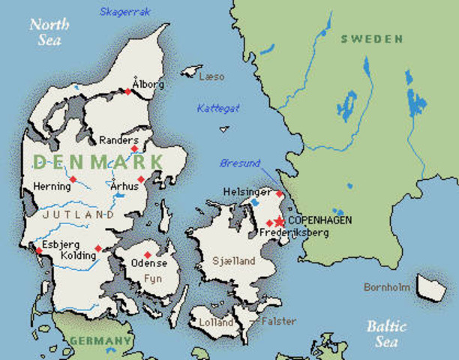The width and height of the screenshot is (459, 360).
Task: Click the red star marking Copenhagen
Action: pos(279,220)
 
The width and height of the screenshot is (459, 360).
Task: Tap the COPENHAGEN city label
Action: pos(319,220)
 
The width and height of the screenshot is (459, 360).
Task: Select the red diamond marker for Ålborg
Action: pos(127,91)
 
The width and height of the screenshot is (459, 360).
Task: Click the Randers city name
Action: pos(118,140)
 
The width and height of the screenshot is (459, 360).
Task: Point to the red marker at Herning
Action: pos(73,179)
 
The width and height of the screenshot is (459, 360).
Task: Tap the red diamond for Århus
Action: pos(140,179)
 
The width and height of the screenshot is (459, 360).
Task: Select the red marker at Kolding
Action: pos(98,249)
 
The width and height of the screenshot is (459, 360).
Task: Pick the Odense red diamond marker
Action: pos(148,254)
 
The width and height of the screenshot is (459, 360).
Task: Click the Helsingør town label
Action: pos(247,192)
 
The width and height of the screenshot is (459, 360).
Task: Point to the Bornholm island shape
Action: pos(430,285)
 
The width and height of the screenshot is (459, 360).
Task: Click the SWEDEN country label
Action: pos(371,39)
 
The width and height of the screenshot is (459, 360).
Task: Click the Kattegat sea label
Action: pos(218,108)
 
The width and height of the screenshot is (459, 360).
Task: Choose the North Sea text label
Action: pos(49,31)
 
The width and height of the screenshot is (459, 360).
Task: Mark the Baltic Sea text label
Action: pos(387,334)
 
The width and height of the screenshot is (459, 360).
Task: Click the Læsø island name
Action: pos(211,76)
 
